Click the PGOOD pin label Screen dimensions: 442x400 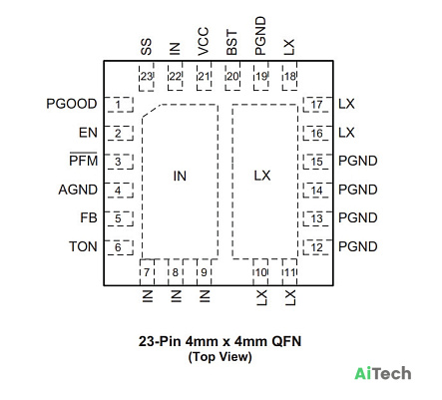click(72, 104)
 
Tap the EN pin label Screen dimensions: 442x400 click(88, 133)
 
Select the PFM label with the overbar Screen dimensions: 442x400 click(83, 160)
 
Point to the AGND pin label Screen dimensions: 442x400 click(78, 190)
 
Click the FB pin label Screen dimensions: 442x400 click(89, 217)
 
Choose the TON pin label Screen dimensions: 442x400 click(83, 246)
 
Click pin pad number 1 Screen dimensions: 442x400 click(119, 105)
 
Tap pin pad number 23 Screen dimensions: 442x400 click(147, 76)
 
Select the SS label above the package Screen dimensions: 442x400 click(146, 47)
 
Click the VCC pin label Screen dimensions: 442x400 click(204, 41)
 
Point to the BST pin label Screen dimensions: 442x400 click(231, 43)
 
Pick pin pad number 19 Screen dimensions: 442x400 click(261, 76)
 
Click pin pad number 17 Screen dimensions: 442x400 click(317, 105)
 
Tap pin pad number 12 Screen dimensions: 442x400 click(317, 247)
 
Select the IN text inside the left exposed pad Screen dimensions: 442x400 click(180, 176)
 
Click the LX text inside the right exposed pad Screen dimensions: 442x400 click(262, 176)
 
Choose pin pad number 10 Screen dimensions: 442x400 click(261, 272)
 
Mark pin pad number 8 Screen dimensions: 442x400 click(176, 272)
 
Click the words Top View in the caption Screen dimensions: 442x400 click(221, 357)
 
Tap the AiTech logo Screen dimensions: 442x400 click(383, 373)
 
